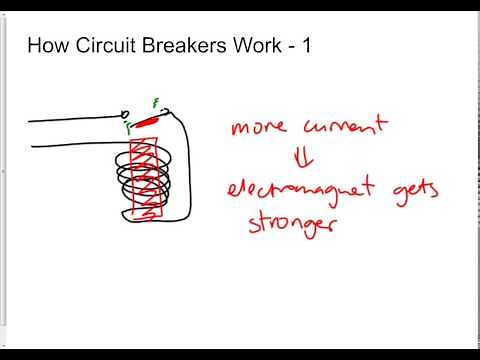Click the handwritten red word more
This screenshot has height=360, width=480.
pyautogui.click(x=258, y=130)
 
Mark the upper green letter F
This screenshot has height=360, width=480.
pyautogui.click(x=155, y=102)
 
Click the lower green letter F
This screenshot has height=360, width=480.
pyautogui.click(x=128, y=128)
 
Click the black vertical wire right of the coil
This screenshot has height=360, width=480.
pyautogui.click(x=188, y=170)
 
